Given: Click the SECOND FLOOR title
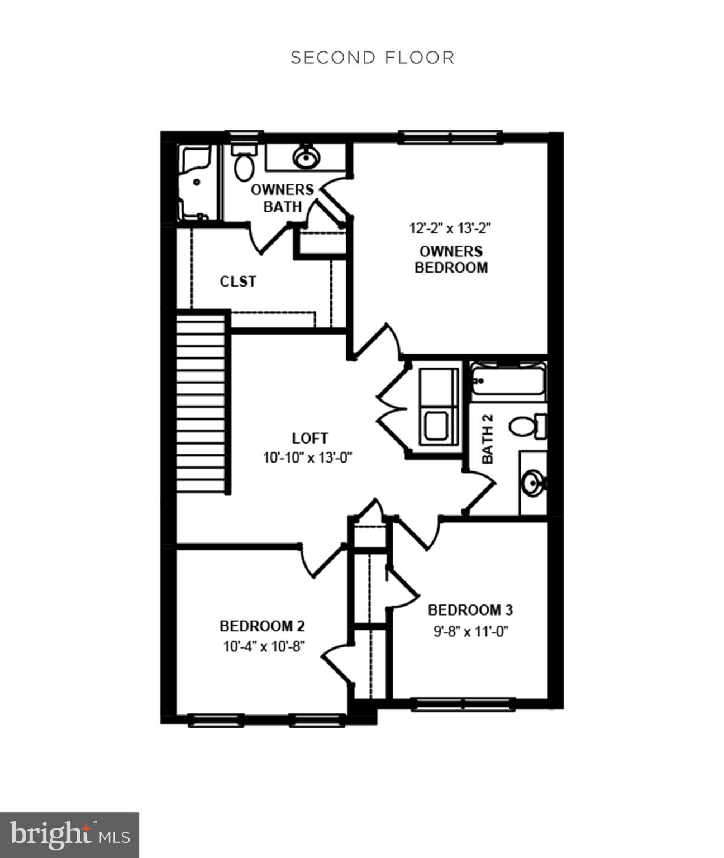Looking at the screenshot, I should (x=373, y=58).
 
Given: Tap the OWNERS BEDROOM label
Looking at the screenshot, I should (x=451, y=259).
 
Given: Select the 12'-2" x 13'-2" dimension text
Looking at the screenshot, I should (x=450, y=228).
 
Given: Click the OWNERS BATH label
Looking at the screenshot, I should (x=282, y=198).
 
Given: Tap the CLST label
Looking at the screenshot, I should (x=238, y=282).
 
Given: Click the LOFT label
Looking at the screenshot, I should (x=310, y=438).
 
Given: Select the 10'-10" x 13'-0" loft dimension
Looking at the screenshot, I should (x=308, y=458).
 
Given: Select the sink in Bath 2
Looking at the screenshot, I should (x=532, y=482).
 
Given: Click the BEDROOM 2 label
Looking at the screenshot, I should (x=262, y=626).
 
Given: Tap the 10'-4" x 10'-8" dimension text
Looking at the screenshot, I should (x=264, y=647).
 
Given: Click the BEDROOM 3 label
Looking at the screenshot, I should (x=470, y=610).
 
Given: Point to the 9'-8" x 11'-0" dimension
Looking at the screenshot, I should (x=470, y=632).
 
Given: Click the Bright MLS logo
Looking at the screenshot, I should (x=69, y=835).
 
